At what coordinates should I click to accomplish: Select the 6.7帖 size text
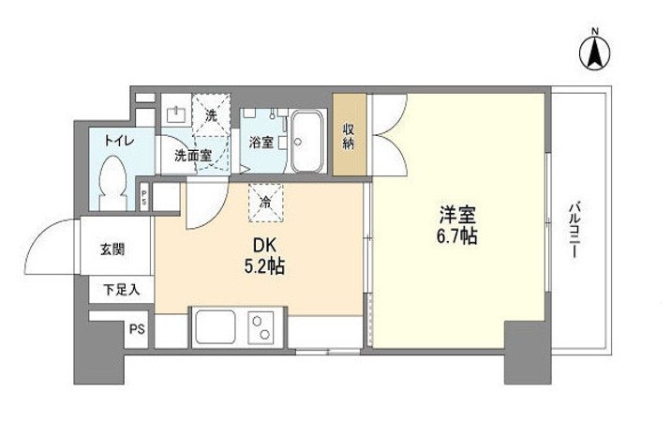(x=456, y=236)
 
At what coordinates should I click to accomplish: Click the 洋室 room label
(x=456, y=214)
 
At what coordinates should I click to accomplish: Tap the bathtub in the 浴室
(x=306, y=142)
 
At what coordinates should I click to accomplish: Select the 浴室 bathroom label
(x=261, y=143)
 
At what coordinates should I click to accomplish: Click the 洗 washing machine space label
(x=211, y=114)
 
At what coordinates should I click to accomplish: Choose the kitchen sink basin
(x=216, y=329)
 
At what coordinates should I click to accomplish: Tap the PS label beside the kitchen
(x=137, y=330)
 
